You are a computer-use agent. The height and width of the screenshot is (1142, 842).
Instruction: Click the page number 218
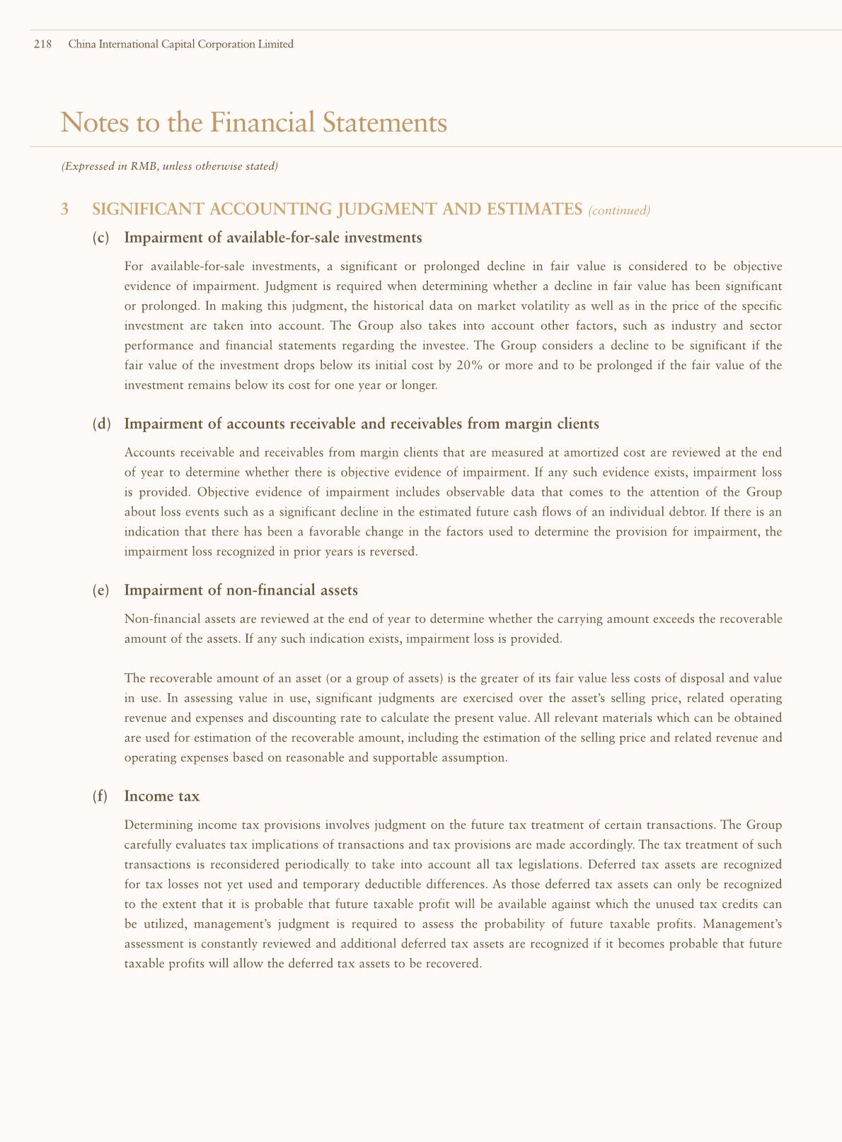coord(42,45)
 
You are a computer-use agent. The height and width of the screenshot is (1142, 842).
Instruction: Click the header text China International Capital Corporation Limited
coord(180,45)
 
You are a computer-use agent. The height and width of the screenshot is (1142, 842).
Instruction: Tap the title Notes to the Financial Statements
coord(254,123)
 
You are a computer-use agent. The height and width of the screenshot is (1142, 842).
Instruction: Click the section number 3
coord(65,209)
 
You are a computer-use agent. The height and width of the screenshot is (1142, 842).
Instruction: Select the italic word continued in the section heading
coord(619,210)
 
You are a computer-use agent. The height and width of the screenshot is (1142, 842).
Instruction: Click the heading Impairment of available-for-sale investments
coord(272,238)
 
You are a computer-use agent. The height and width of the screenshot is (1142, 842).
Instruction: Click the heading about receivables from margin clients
coord(362,424)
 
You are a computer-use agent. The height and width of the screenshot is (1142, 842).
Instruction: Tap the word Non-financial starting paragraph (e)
coord(156,619)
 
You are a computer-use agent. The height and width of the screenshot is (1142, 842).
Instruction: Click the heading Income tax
coord(161,796)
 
